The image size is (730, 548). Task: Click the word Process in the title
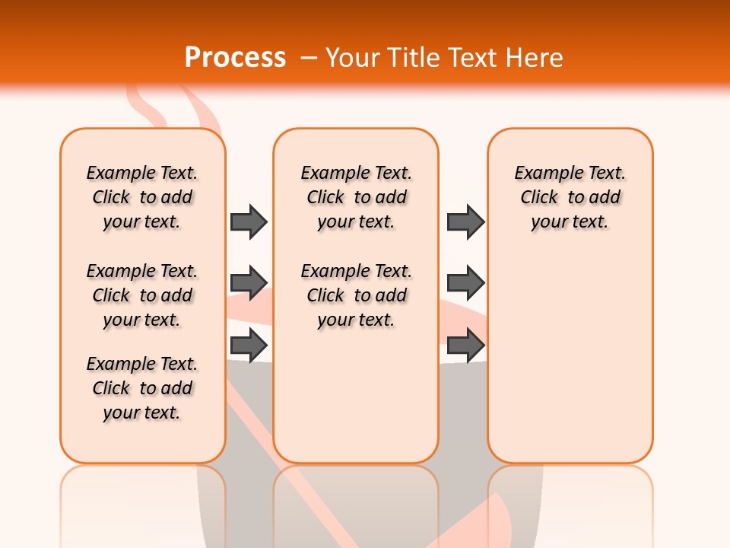(235, 57)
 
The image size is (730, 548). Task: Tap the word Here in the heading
(535, 57)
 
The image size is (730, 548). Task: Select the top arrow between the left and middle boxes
(249, 221)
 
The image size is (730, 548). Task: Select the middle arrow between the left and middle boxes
(249, 283)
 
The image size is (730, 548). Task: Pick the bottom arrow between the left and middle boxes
(249, 345)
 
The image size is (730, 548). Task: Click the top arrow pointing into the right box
(465, 221)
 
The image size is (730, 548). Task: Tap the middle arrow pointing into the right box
(465, 283)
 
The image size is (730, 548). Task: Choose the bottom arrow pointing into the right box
(465, 345)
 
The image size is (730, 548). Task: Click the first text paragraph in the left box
(142, 197)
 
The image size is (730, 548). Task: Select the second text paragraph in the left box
(142, 295)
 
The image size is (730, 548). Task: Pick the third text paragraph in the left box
(142, 388)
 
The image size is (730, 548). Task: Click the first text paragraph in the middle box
(356, 197)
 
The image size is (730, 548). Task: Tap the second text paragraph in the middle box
(356, 295)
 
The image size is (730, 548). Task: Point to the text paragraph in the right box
(570, 197)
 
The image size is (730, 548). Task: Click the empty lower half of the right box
(570, 365)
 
